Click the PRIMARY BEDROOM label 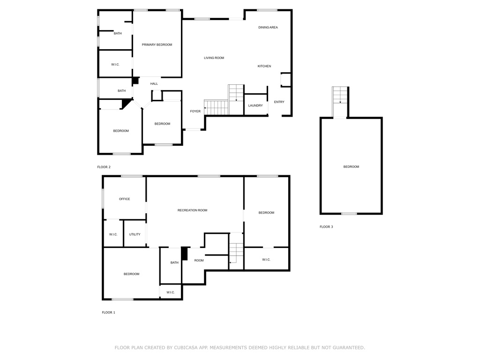[x=157, y=45]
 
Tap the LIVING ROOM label [x=214, y=58]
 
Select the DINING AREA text [x=268, y=28]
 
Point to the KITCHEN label [x=264, y=66]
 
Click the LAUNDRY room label [x=255, y=105]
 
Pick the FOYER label [x=195, y=112]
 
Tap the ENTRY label [x=279, y=102]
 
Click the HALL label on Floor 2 [x=154, y=83]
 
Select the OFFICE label [x=125, y=199]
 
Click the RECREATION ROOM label [x=192, y=210]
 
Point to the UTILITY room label [x=135, y=234]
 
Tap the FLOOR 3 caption [x=326, y=227]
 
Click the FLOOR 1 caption [x=108, y=313]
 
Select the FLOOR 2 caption [x=104, y=167]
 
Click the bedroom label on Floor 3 [x=351, y=167]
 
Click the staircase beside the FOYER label [x=216, y=107]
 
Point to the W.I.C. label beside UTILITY [x=113, y=234]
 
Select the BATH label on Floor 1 [x=174, y=262]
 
